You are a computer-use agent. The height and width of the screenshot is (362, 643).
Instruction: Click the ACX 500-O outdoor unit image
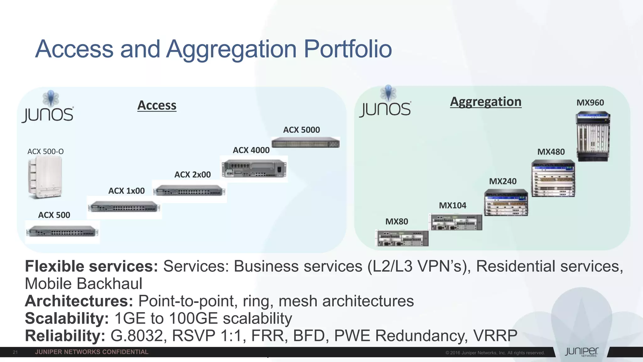coord(45,177)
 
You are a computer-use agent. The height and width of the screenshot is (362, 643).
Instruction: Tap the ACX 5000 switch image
coord(305,143)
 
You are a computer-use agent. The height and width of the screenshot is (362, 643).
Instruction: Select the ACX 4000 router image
coord(254,168)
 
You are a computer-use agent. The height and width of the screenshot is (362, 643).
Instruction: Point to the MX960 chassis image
coord(593,136)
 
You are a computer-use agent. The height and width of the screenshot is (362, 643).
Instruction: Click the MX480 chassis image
coord(553,178)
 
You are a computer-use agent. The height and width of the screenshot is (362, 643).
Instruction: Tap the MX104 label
coord(452,206)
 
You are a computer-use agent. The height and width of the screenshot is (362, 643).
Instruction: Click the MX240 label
coord(503,181)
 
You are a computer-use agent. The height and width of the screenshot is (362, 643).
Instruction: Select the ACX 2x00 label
coord(192,175)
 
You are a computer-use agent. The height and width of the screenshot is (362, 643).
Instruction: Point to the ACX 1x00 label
coord(127,191)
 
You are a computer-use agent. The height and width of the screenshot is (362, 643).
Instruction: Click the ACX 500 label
coord(54,215)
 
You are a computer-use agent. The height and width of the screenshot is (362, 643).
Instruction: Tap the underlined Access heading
coord(157,105)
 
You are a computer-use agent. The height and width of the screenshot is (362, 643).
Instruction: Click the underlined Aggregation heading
coord(485,102)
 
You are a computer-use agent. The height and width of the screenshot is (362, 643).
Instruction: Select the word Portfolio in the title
coord(348,49)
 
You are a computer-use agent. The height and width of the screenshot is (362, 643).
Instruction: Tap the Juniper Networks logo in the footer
coord(581,352)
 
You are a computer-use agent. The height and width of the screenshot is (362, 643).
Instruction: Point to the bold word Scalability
coord(67,318)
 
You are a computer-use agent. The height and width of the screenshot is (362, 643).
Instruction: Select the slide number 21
coord(15,352)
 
